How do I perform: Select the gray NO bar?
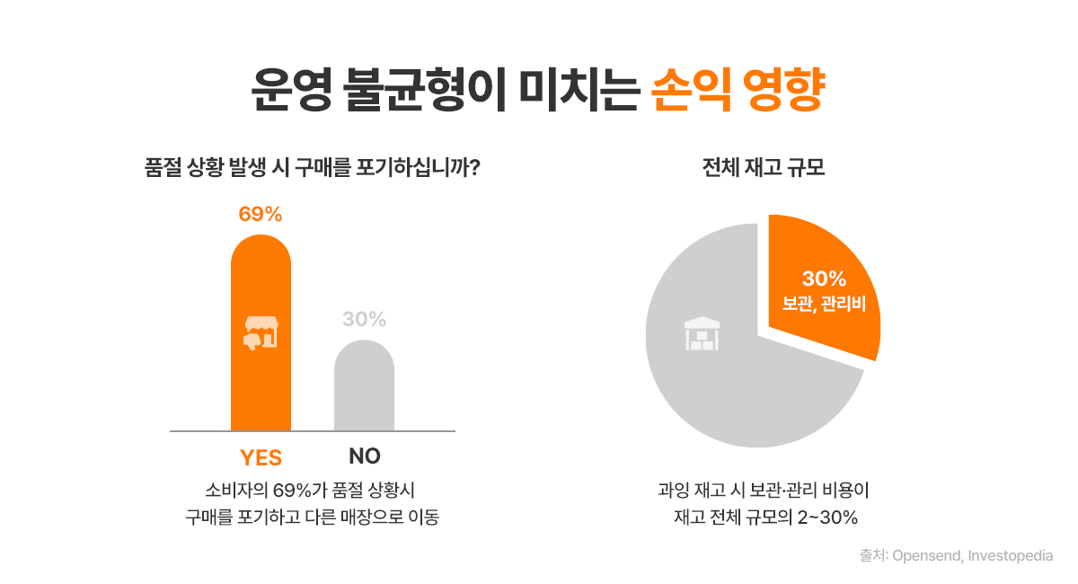(364, 391)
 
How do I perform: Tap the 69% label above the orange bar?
(261, 215)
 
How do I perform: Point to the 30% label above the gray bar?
(364, 319)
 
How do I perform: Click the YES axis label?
(261, 457)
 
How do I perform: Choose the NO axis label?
(365, 456)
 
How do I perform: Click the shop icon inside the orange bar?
(261, 332)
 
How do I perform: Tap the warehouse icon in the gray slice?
(702, 334)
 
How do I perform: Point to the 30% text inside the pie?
(824, 279)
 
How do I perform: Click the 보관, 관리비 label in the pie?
(824, 304)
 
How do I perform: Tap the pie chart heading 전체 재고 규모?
(763, 168)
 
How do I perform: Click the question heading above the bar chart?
(311, 168)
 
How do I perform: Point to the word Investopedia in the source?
(1009, 556)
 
